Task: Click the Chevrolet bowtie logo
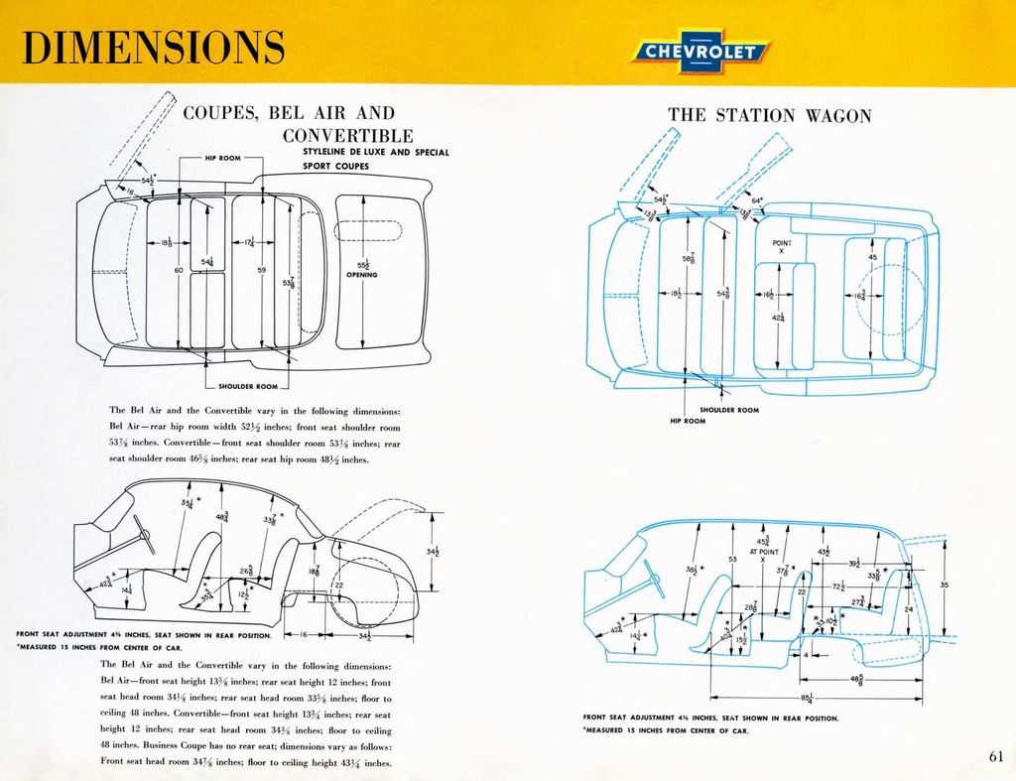700,52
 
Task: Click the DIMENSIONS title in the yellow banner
153,47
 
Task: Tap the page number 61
996,756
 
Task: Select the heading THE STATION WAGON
770,116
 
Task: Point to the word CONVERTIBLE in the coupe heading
347,135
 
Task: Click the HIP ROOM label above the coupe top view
224,157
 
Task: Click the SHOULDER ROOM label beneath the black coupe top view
247,386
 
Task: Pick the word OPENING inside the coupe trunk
362,275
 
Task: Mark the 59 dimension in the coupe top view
261,269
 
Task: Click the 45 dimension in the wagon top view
872,257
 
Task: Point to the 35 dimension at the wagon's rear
944,586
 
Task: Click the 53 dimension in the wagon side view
732,560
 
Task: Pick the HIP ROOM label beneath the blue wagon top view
688,421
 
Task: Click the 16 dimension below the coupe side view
305,633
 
